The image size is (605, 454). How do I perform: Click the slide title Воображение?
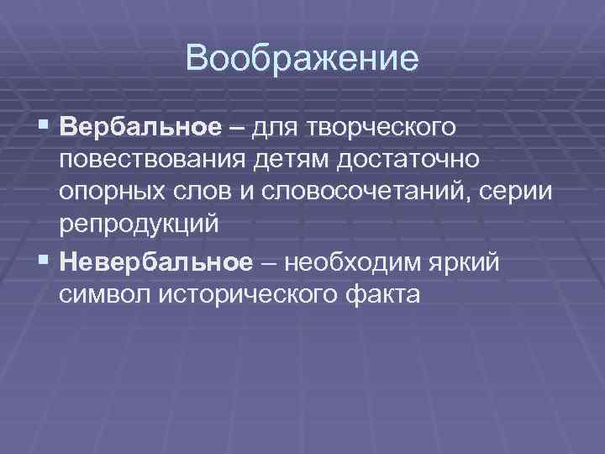point(302,60)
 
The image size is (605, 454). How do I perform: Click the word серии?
point(520,193)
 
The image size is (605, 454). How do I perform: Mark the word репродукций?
point(139,224)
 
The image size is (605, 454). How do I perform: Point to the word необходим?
point(356,262)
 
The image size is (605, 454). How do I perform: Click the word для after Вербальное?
point(283,128)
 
